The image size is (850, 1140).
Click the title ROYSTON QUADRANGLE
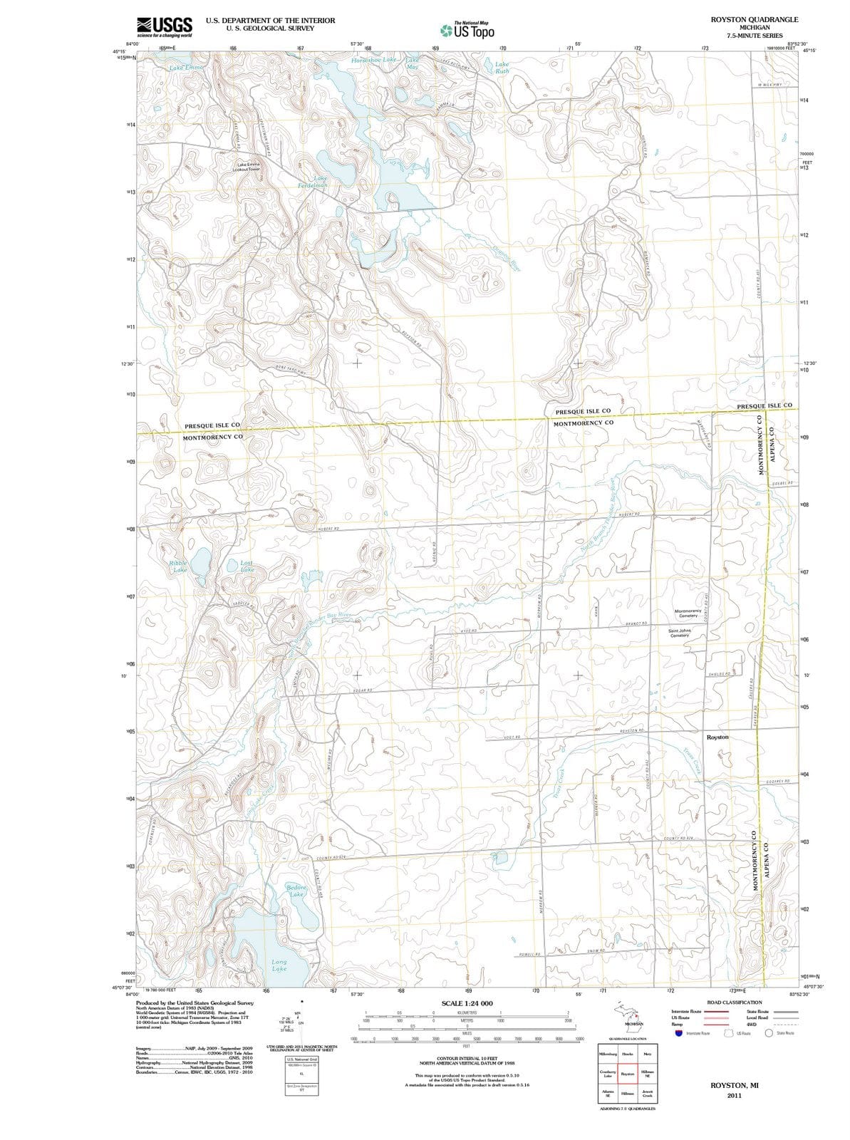coord(754,19)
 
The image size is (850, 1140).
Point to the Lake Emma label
coord(187,68)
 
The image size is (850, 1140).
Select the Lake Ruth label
coord(502,68)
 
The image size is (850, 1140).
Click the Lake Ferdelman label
coord(312,181)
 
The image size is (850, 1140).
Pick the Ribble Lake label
coord(178,566)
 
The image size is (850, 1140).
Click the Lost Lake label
coord(247,566)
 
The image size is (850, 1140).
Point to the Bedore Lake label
coord(296,890)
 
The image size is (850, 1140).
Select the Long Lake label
coord(279,965)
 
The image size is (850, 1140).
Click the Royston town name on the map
coord(717,737)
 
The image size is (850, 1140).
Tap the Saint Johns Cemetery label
coord(680,633)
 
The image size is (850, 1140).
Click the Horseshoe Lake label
coord(374,60)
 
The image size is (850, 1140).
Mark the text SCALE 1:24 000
coord(467,1003)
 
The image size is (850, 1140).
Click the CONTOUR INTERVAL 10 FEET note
coord(467,1059)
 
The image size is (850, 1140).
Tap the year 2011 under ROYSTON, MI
coord(735,1095)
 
